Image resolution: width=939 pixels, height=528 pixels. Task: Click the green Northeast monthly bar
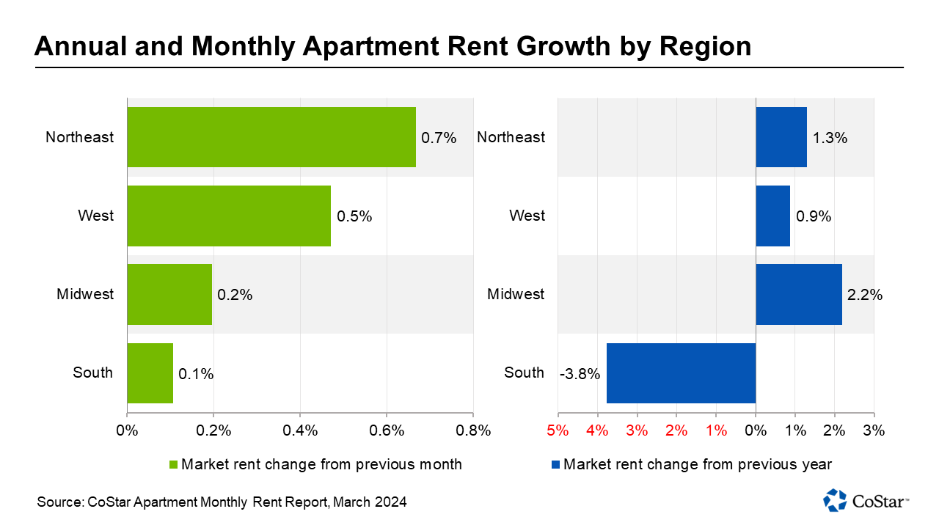point(271,137)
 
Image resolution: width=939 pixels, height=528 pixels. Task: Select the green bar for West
point(229,216)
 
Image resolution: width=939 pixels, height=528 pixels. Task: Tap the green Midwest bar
point(169,294)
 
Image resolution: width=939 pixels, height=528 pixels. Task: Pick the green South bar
point(150,373)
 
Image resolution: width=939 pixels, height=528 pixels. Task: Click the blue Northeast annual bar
point(781,137)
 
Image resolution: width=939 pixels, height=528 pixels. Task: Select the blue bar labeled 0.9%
point(772,216)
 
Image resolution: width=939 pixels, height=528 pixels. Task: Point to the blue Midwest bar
point(799,294)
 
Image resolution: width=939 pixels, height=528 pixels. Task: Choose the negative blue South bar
point(681,373)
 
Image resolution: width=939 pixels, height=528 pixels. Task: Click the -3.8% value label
point(580,374)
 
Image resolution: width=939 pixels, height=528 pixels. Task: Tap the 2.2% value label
point(865,295)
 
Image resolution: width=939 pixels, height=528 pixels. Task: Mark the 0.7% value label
point(439,138)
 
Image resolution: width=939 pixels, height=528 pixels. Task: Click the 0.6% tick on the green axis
point(387,430)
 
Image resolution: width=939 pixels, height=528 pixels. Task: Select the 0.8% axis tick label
point(473,430)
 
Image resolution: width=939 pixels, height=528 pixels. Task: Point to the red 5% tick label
point(558,430)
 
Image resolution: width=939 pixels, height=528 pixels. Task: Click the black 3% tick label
point(874,430)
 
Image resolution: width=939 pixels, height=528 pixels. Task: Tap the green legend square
point(174,464)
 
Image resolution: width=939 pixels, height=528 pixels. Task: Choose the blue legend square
point(556,464)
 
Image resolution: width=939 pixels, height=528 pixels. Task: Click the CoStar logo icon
point(835,500)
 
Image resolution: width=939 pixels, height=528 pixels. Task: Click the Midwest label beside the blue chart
point(516,294)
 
